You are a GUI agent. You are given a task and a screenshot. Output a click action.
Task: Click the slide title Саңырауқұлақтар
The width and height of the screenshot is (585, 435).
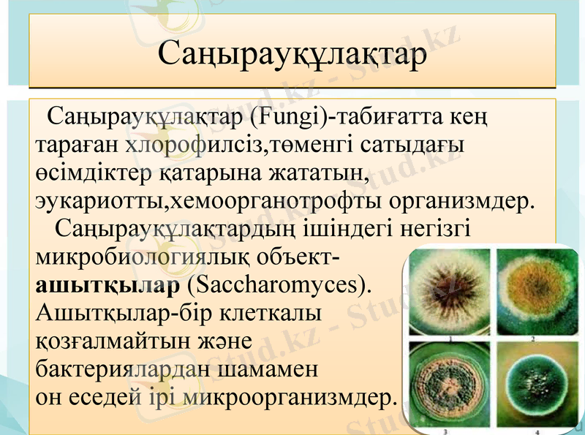coord(292,54)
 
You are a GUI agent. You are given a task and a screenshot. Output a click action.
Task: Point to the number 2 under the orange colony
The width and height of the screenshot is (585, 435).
coord(532,339)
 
